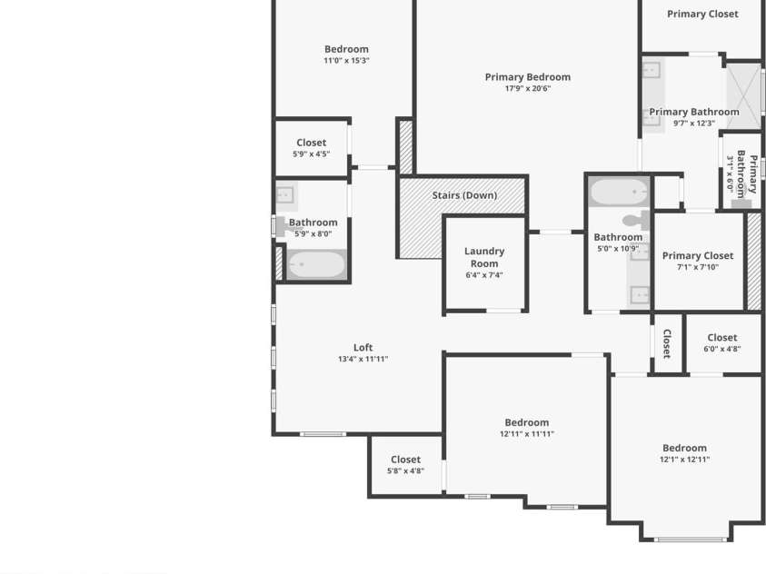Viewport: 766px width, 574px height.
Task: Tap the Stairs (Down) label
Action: pos(464,195)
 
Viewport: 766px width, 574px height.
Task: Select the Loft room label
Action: pos(363,347)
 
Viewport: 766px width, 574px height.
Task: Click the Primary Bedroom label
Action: pos(527,77)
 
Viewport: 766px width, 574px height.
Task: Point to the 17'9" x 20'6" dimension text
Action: pos(527,89)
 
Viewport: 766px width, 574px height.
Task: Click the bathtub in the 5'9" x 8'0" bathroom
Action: pos(316,265)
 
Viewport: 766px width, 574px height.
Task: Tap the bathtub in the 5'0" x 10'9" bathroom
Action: pos(619,193)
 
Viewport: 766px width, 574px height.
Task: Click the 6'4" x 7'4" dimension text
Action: pos(484,275)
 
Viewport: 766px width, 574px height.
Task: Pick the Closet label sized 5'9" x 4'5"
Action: pos(311,143)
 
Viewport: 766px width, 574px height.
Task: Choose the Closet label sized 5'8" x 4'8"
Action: pos(405,460)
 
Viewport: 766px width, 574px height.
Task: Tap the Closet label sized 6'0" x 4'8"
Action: pos(721,338)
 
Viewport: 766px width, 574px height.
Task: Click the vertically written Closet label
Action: pos(666,343)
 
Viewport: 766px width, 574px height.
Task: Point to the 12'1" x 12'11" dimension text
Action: pos(684,460)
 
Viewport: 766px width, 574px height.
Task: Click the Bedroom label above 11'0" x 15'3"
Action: pos(346,49)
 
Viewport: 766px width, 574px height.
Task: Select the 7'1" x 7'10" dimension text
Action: pos(697,267)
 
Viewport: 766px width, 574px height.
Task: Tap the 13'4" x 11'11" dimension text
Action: pos(363,359)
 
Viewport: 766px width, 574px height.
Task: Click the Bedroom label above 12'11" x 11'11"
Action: pos(527,422)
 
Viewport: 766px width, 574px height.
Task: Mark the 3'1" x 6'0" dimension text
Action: pos(730,173)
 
